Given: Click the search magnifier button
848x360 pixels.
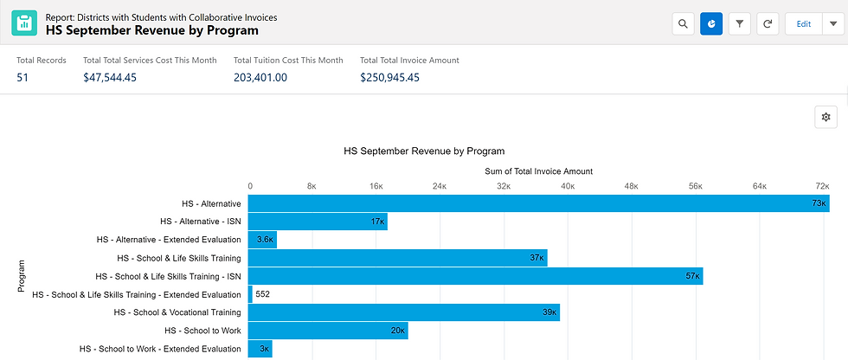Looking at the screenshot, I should coord(684,23).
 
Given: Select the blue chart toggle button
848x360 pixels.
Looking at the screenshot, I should coord(711,23).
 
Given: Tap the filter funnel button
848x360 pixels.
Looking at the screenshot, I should coord(740,23).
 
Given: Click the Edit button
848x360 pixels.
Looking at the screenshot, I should coord(803,23).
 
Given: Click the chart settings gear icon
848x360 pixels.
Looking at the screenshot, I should coord(826,117).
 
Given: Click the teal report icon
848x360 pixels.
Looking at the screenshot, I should coord(24,23).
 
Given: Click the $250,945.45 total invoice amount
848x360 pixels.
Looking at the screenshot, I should coord(389,77).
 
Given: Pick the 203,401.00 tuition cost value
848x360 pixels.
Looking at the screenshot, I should coord(260,77).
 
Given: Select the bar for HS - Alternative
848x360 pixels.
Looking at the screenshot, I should coord(538,203).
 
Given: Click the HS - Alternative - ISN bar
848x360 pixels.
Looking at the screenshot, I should coord(318,222).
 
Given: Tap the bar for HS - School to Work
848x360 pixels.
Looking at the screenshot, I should coord(328,331).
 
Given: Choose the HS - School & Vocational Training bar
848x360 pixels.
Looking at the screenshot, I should coord(403,312).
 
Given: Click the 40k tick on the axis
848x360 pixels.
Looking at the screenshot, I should coord(567,185).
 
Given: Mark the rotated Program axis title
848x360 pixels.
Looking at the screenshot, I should coord(22,276).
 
